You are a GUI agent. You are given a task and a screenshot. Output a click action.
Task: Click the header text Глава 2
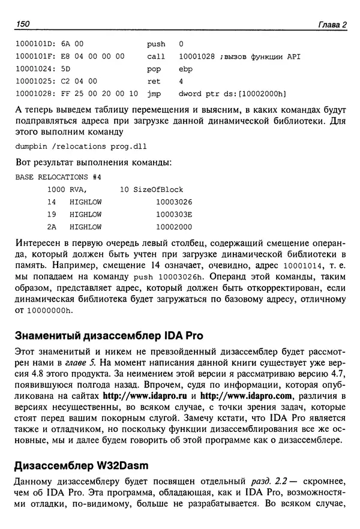331,24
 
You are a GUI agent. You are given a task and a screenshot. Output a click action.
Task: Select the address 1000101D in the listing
34,44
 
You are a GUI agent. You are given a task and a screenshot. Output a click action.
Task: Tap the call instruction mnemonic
155,56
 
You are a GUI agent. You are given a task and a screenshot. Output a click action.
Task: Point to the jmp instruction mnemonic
154,94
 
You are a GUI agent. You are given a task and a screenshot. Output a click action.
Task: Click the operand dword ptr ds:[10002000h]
232,94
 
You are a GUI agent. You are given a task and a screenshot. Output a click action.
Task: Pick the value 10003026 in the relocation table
173,203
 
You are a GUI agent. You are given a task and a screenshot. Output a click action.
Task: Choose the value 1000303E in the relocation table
173,215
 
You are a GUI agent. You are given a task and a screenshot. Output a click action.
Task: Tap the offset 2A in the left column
52,227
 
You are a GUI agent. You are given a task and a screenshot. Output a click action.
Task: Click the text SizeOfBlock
157,190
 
